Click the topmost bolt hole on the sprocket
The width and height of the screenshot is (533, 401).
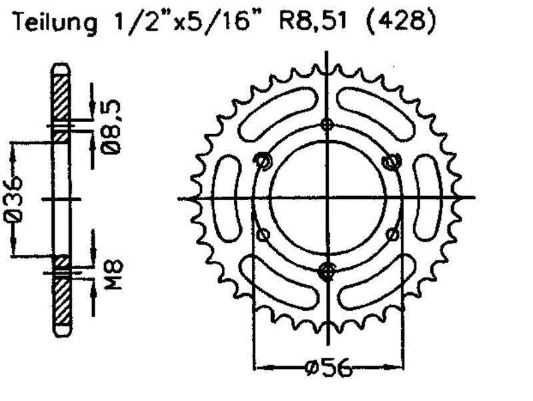(326, 124)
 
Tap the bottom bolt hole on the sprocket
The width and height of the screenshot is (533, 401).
(326, 270)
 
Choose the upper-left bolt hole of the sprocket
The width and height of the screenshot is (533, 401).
(263, 161)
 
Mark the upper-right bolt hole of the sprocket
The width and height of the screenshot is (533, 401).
(390, 161)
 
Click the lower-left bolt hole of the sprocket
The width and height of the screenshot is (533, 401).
(263, 234)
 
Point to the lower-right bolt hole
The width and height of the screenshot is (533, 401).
(392, 234)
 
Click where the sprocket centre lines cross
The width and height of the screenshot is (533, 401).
(326, 197)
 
